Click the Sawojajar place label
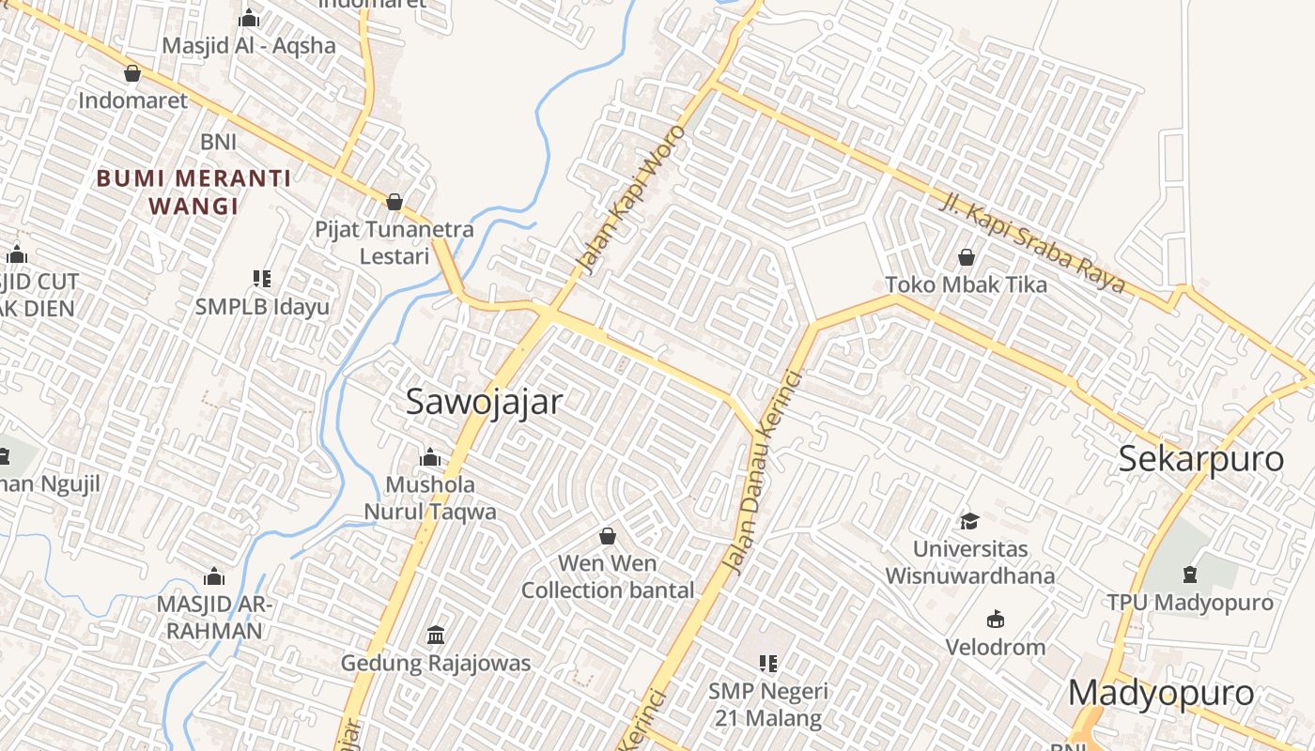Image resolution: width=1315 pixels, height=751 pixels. tap(484, 402)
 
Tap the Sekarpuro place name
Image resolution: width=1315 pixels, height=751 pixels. tap(1200, 459)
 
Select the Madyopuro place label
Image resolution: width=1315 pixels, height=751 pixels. tap(1161, 693)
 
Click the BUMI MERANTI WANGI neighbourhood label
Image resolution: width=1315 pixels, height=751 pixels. tap(193, 192)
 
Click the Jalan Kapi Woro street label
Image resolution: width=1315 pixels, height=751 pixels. tap(632, 199)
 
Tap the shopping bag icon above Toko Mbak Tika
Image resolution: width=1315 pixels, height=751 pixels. tap(966, 257)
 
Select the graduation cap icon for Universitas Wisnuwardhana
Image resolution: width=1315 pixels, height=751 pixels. tap(969, 521)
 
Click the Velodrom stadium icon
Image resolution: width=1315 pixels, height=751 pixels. tap(995, 620)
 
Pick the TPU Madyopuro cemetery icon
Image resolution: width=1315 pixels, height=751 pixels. tap(1190, 574)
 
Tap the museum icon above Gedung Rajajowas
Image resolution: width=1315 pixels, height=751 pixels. tap(436, 636)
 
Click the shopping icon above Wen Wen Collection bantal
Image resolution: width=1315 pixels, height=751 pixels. tap(608, 536)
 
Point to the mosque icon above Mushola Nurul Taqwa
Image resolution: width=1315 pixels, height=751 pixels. tap(430, 457)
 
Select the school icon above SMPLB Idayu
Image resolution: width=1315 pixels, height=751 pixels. tap(262, 278)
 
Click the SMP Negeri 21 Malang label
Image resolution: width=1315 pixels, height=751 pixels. tap(768, 705)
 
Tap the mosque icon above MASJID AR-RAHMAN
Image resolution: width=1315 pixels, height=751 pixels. tap(214, 576)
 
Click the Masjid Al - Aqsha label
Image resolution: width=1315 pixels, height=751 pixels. tap(249, 45)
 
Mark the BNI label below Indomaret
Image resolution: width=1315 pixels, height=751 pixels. tap(218, 142)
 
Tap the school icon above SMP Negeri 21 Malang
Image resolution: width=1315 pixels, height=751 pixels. tap(768, 664)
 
